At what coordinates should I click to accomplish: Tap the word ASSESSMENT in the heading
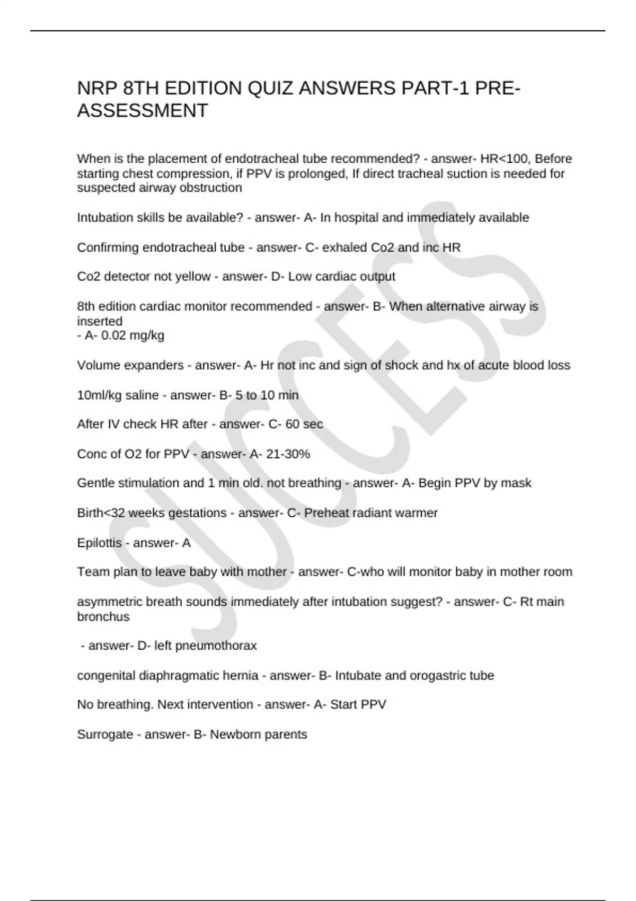click(x=143, y=111)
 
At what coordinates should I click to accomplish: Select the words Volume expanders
click(x=130, y=366)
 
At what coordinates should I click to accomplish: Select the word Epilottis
click(x=99, y=543)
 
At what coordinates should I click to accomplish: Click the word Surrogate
click(x=105, y=735)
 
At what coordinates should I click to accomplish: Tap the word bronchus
click(x=103, y=617)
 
